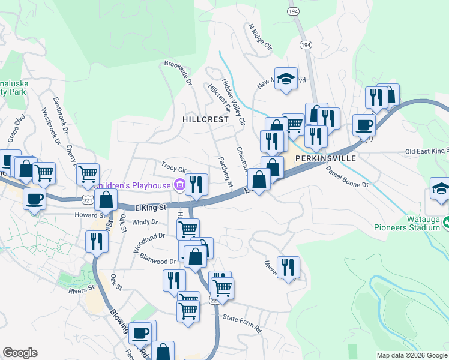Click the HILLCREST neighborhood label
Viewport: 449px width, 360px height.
(206, 119)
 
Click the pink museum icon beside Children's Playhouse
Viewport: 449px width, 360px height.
(179, 185)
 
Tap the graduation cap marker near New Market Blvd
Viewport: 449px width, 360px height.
(286, 78)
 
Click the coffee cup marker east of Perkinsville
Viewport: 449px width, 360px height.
(364, 125)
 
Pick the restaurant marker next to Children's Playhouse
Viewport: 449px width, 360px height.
(196, 184)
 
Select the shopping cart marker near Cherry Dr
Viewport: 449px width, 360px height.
(88, 174)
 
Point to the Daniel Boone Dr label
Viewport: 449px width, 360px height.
(346, 178)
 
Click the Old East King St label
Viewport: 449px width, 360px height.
(427, 151)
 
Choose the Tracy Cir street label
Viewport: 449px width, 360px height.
(174, 166)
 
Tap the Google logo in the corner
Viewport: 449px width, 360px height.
(20, 353)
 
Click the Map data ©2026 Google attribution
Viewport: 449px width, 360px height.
(411, 355)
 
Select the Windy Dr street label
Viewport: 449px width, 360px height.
(145, 222)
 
